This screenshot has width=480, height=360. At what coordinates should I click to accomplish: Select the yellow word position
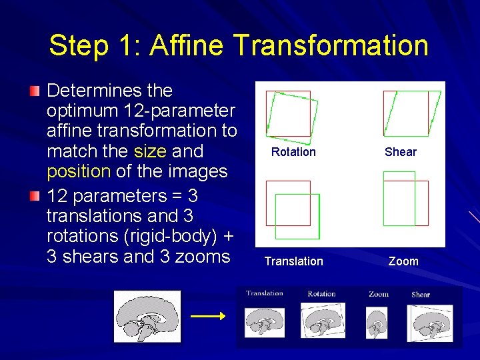(78, 172)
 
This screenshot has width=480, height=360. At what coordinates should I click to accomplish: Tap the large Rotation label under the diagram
(293, 152)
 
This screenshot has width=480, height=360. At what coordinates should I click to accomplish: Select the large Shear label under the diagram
(400, 152)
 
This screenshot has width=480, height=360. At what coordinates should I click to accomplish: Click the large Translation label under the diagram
(293, 261)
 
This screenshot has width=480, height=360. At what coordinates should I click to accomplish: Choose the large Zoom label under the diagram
(403, 261)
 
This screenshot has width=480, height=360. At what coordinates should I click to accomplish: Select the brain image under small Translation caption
(265, 322)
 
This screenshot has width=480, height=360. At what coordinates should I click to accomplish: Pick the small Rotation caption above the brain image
(321, 294)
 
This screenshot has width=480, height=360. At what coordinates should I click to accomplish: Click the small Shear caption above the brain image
(421, 295)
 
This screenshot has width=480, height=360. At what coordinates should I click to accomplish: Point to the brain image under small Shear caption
(429, 323)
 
